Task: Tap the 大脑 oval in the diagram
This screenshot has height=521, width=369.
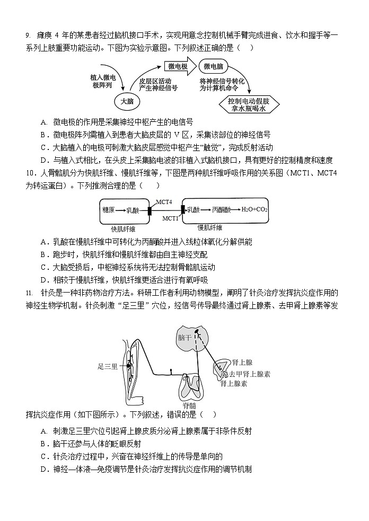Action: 127,101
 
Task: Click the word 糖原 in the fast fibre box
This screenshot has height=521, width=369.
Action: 109,210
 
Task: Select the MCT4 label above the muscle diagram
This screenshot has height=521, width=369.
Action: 164,201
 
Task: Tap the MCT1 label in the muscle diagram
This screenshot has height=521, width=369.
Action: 170,218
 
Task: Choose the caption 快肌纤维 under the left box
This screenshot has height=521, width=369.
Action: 123,229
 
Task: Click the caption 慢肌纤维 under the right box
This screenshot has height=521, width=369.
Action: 210,228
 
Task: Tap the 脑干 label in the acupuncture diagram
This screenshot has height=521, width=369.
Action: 184,337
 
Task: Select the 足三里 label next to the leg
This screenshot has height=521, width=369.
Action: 108,366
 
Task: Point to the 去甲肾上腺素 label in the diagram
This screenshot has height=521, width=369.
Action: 249,374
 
